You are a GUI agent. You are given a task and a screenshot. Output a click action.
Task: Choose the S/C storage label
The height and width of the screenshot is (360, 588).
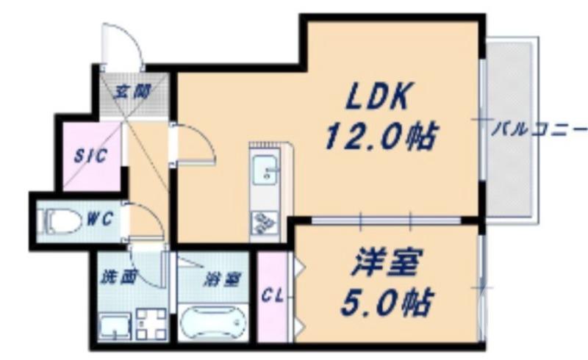92,156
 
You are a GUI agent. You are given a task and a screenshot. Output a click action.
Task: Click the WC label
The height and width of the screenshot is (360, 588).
99,218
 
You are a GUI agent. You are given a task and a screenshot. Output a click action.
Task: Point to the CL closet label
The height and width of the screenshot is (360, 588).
272,297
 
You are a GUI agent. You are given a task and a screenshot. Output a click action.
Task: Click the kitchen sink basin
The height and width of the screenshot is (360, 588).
263,173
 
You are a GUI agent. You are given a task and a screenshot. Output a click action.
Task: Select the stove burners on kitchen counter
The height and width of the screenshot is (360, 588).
262,220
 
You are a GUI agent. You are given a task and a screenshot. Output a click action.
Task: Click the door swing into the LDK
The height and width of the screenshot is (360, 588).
194,144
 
